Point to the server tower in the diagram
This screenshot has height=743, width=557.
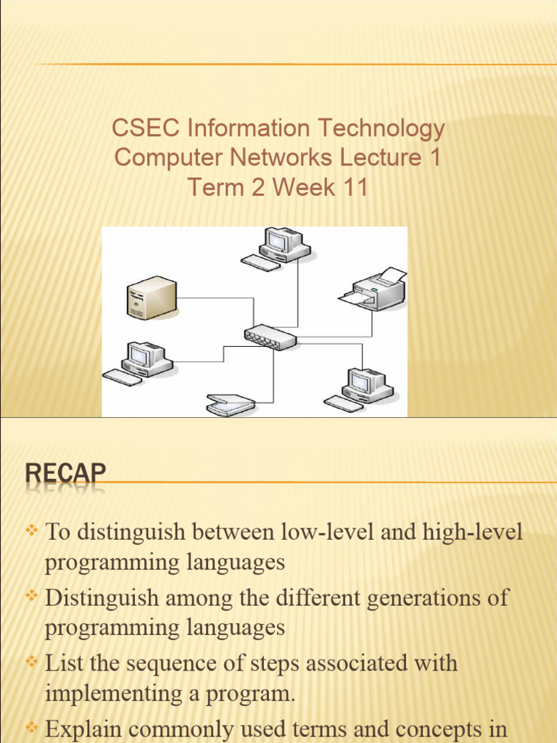click(x=152, y=297)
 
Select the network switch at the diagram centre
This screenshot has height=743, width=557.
click(x=270, y=337)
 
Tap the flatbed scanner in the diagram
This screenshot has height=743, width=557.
click(x=231, y=405)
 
